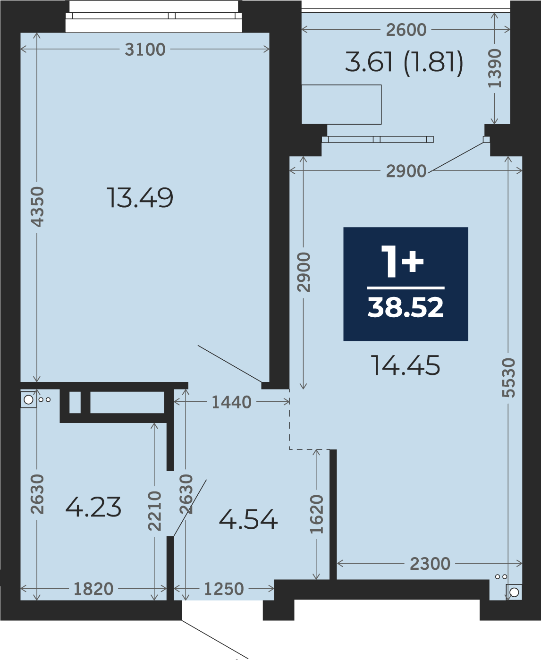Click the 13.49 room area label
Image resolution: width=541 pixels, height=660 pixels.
(140, 198)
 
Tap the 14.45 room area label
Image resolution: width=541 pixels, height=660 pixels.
(406, 365)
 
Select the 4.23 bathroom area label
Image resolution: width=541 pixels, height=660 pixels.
(93, 507)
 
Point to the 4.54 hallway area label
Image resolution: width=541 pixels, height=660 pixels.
(248, 520)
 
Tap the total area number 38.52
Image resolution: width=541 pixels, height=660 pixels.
(406, 307)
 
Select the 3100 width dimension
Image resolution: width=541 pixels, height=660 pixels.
(145, 50)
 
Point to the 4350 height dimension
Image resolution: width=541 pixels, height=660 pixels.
(37, 206)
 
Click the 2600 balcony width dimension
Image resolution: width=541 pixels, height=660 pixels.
(406, 30)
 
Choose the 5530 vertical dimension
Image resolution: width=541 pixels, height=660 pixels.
(508, 378)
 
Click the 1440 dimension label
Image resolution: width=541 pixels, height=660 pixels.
(231, 402)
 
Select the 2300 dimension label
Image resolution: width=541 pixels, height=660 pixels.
(430, 564)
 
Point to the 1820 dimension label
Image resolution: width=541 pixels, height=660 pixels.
(93, 589)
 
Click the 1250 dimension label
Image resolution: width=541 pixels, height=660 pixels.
(224, 589)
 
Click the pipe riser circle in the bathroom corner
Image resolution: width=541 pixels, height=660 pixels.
(28, 399)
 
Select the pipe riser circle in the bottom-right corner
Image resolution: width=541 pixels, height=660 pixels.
(514, 592)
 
